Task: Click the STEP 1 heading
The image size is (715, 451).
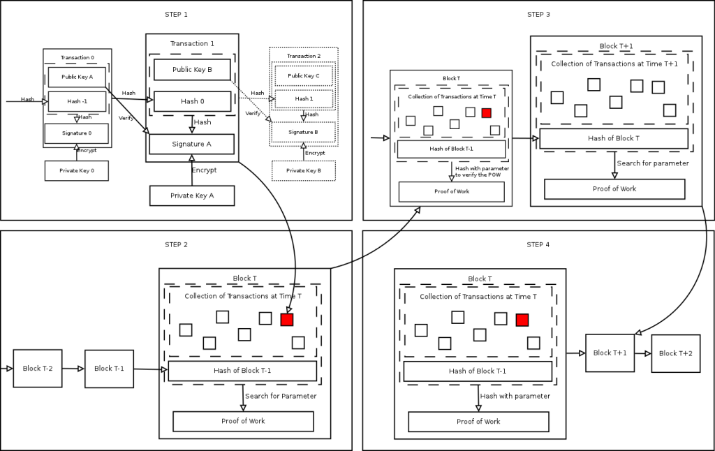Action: (176, 14)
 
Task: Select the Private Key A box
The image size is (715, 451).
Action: (192, 195)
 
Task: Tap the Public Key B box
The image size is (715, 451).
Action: (192, 70)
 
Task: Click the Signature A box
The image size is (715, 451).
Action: (191, 144)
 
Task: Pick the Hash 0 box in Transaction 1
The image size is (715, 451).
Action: (192, 101)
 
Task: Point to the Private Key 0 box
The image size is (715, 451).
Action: (76, 170)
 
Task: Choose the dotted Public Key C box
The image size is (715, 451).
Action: (304, 75)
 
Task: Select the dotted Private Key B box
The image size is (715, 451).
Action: (304, 170)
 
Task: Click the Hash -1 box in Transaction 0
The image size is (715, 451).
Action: (77, 101)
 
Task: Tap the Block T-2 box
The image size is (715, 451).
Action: (38, 369)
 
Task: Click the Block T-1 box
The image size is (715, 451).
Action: (109, 369)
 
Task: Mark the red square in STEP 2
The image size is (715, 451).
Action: (287, 319)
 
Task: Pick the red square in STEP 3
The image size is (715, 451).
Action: (487, 112)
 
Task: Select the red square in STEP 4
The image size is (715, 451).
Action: (522, 320)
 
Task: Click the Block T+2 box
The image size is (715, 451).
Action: (676, 353)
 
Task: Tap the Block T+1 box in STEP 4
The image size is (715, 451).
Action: (610, 353)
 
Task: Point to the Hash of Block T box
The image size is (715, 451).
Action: (614, 138)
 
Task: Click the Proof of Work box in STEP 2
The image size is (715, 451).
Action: (243, 421)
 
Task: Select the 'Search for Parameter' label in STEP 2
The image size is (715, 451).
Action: (281, 396)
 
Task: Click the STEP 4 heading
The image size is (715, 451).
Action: (538, 244)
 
